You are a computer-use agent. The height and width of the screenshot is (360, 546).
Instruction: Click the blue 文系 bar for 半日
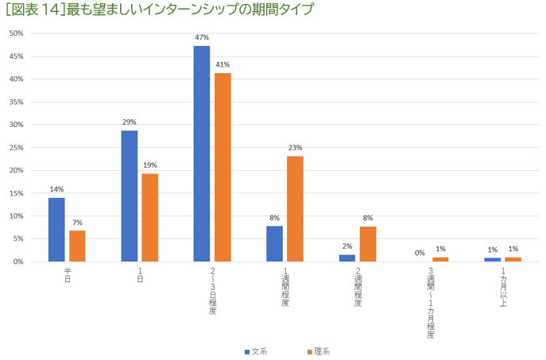[x=56, y=229]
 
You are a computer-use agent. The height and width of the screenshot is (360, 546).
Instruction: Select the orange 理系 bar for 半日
[x=77, y=246]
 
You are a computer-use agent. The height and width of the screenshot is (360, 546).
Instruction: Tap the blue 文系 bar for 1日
[x=129, y=195]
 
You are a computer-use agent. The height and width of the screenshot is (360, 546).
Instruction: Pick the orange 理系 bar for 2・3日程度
[x=223, y=167]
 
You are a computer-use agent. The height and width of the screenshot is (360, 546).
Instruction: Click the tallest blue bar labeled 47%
[x=202, y=153]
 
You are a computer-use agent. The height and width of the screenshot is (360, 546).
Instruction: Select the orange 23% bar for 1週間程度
[x=295, y=208]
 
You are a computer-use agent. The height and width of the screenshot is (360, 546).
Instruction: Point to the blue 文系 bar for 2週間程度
[x=347, y=257]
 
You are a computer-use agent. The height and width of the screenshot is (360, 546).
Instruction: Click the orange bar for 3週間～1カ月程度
[x=440, y=259]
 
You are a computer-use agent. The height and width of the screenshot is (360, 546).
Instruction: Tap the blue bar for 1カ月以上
[x=493, y=259]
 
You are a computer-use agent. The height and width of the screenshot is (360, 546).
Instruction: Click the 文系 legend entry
[x=255, y=351]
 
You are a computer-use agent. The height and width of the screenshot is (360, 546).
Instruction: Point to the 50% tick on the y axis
[x=17, y=33]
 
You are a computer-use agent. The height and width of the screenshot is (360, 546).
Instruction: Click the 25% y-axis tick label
[x=17, y=148]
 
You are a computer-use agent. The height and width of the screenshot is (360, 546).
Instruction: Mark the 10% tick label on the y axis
[x=17, y=216]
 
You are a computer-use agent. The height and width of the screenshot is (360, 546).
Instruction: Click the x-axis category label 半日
[x=68, y=275]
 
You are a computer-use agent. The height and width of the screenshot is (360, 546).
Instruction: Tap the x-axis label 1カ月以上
[x=503, y=284]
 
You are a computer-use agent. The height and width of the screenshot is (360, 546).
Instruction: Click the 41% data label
[x=223, y=64]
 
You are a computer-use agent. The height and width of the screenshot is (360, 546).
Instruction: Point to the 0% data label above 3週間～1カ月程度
[x=420, y=253]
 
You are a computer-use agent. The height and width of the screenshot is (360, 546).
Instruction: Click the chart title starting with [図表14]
[x=159, y=10]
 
